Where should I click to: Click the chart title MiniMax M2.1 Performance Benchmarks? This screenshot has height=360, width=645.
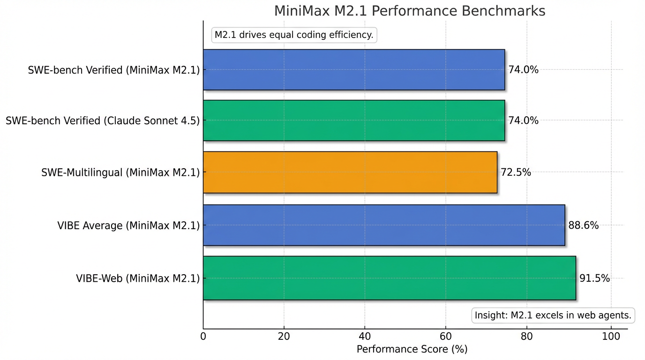tap(410, 11)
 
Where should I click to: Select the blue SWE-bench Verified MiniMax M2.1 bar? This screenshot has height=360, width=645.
tap(354, 69)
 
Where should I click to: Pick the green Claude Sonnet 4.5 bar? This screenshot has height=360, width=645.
tap(354, 120)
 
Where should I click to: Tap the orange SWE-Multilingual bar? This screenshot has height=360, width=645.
tap(350, 172)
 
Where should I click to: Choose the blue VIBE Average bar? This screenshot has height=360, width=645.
tap(383, 225)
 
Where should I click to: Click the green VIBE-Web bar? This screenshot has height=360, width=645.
tap(389, 278)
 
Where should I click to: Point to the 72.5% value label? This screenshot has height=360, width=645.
tap(516, 172)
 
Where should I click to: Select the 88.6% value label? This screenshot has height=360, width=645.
tap(583, 225)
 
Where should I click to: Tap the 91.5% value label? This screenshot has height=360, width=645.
tap(594, 278)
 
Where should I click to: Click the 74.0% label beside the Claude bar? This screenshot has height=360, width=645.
tap(523, 120)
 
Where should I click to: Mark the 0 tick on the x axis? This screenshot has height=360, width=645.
tap(203, 336)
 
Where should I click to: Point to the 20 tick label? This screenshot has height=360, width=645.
tap(284, 336)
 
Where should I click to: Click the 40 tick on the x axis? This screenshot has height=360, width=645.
tap(365, 336)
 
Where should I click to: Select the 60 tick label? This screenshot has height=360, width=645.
tap(446, 336)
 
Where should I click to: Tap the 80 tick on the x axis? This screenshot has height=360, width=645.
tap(527, 336)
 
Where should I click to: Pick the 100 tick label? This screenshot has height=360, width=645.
tap(610, 336)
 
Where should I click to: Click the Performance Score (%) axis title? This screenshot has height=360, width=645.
tap(412, 350)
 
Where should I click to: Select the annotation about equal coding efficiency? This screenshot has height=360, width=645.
tap(294, 35)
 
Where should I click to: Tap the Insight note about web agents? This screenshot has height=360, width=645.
tap(553, 315)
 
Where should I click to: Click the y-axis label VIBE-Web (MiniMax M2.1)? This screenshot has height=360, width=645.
tap(138, 278)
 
